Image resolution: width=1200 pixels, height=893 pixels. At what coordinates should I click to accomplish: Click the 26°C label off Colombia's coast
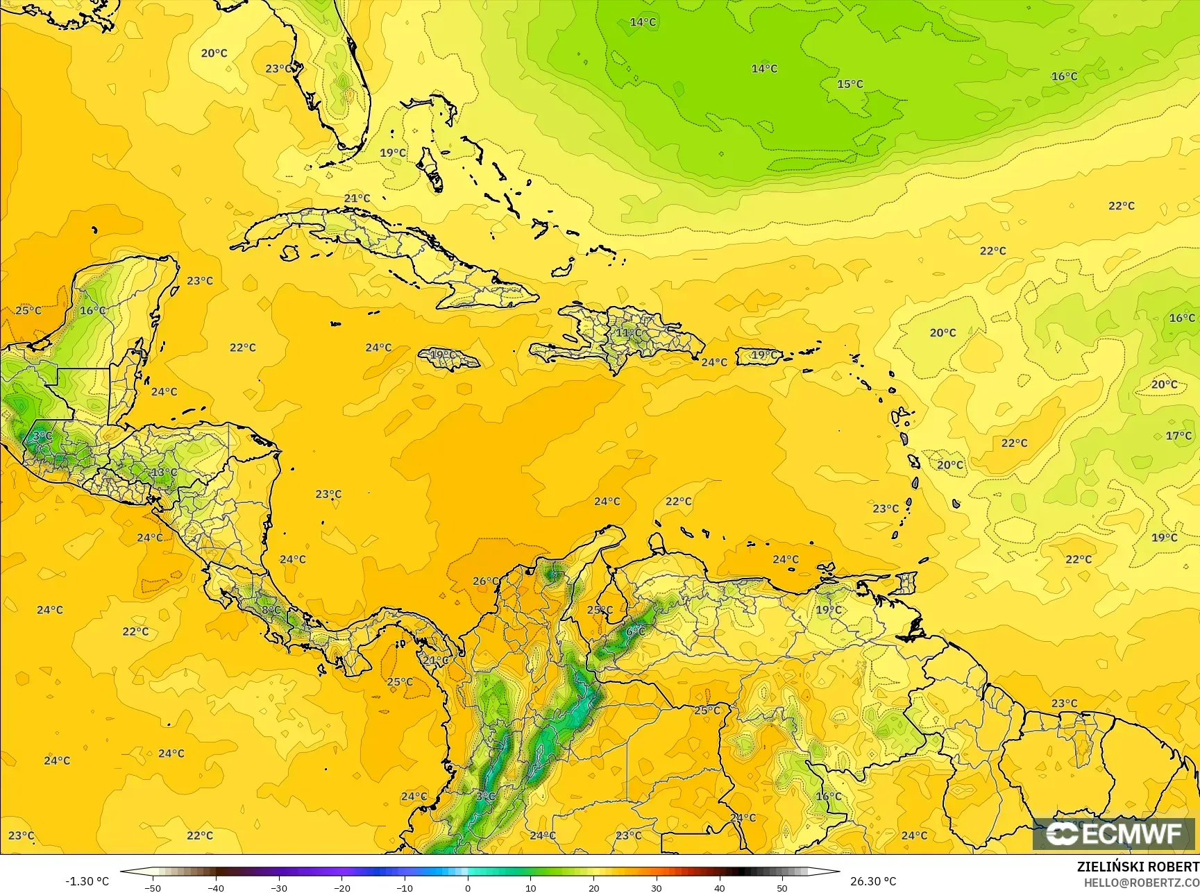coord(485,581)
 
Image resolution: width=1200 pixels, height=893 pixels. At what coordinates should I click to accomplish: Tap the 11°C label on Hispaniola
coord(629,333)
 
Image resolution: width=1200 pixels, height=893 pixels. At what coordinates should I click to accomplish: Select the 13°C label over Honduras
coord(164,473)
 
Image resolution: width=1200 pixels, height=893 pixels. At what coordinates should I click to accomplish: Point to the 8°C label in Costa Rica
coord(271,610)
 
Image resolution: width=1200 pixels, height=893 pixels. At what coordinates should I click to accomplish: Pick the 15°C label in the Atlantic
coord(850,84)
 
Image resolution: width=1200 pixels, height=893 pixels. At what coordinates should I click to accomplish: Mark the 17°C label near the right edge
coord(1178,436)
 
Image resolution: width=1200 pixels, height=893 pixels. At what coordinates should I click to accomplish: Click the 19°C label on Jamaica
coord(443,355)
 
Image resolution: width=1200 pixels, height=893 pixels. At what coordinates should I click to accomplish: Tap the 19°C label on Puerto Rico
coord(764,355)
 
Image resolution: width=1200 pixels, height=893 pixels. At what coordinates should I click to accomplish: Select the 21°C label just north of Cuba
coord(357,198)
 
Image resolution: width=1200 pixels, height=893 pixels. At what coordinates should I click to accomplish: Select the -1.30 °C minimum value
coord(87,881)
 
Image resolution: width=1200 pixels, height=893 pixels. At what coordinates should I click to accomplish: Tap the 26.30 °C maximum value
coord(873,881)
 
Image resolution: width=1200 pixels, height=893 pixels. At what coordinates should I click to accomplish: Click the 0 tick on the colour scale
coord(468,887)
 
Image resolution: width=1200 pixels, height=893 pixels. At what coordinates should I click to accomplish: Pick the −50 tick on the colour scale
coord(153,887)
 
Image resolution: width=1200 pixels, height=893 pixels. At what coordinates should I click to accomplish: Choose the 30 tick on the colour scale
coord(657,887)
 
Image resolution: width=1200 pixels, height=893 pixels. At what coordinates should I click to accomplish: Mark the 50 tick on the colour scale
coord(782,887)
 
